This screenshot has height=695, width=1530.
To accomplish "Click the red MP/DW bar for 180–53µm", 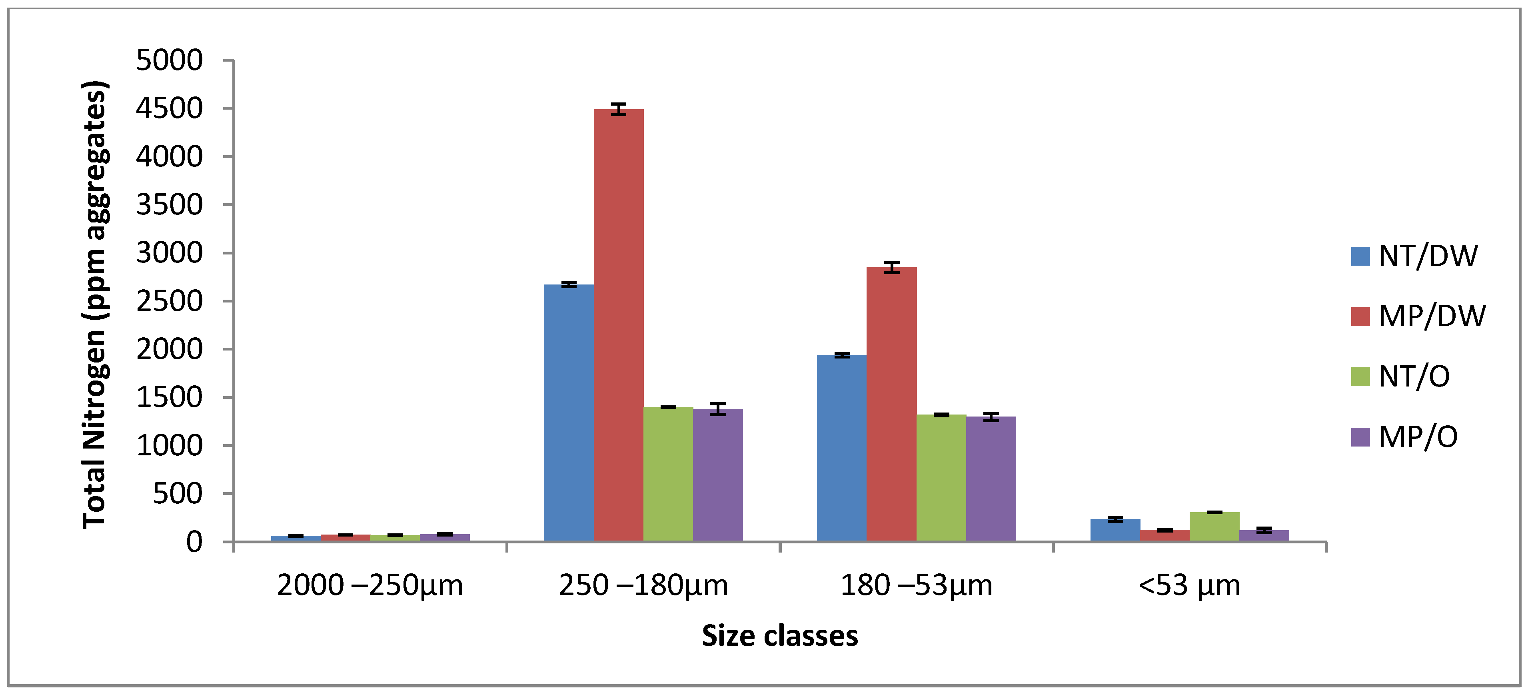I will tap(891, 404).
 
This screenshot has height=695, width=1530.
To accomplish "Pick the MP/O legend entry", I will tap(1405, 437).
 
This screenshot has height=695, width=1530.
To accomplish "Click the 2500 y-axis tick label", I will tap(169, 301).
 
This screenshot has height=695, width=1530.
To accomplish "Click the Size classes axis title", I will tap(779, 636).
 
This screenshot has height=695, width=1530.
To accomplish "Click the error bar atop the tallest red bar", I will tap(618, 109).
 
